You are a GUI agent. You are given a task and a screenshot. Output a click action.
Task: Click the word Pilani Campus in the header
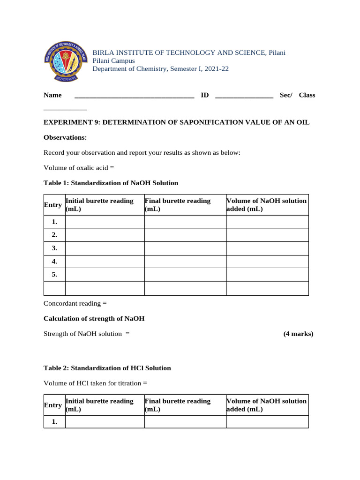[113, 61]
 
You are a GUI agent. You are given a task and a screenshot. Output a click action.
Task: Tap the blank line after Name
[134, 97]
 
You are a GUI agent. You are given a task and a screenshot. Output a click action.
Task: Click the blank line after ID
[244, 97]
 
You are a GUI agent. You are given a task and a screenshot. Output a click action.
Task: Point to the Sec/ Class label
[297, 95]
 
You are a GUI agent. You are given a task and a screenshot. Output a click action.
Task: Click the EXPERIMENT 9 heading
[176, 122]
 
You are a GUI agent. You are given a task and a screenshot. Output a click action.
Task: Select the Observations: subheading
[65, 137]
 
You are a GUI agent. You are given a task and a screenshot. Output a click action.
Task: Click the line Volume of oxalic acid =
[79, 168]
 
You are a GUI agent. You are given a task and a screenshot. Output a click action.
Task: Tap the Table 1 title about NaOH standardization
[111, 183]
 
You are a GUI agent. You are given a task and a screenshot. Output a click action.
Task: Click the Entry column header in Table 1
[53, 205]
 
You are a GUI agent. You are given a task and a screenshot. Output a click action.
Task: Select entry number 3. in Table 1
[54, 248]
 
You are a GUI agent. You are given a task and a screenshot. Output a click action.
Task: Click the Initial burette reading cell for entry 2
[105, 235]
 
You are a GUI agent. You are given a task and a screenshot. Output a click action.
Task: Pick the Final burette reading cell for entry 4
[185, 262]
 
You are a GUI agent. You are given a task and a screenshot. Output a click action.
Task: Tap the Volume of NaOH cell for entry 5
[267, 275]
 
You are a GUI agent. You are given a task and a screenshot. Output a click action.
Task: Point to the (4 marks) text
[298, 334]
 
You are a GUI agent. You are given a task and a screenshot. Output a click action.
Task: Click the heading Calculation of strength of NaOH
[94, 319]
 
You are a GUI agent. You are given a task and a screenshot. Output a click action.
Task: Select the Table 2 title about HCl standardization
[107, 368]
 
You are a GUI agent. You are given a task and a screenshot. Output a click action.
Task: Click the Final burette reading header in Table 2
[178, 405]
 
